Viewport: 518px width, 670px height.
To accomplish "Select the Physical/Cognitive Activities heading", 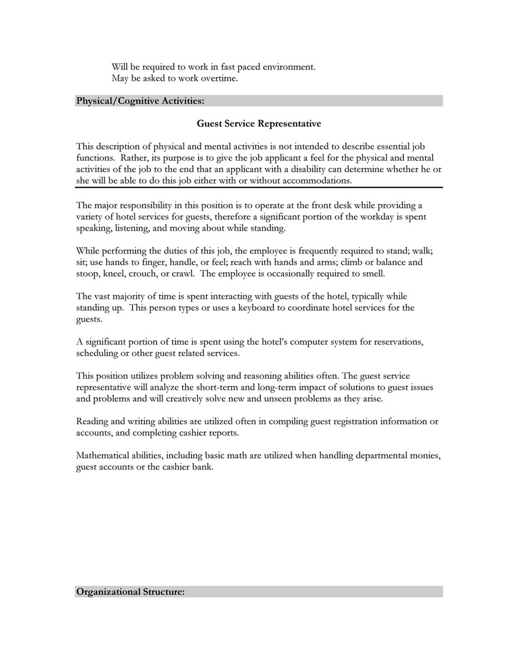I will tap(140, 101).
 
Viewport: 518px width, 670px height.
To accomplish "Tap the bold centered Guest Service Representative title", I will tap(259, 124).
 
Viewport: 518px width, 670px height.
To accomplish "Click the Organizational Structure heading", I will tap(130, 591).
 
